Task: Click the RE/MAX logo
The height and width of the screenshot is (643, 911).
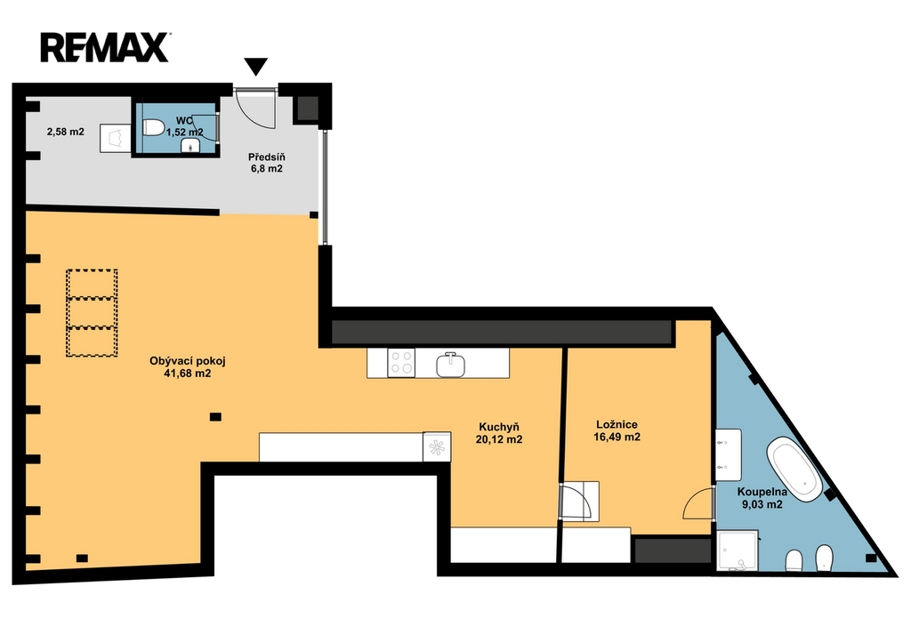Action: [105, 48]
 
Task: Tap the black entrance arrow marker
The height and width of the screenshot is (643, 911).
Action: [255, 66]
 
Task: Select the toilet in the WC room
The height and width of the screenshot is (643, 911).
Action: [154, 126]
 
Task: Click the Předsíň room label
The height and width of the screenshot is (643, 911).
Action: [267, 157]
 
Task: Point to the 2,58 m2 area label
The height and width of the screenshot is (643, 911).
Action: [66, 132]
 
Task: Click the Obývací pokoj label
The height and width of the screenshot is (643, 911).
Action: [188, 361]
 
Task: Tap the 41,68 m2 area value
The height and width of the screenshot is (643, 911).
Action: [188, 374]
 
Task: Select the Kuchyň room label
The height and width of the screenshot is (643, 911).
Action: [499, 427]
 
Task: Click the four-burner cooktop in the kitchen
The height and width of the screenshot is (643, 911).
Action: [401, 363]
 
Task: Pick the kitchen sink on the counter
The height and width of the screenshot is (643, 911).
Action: [451, 365]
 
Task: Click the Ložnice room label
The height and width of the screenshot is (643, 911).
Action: [617, 424]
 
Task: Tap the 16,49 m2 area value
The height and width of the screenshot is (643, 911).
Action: [617, 437]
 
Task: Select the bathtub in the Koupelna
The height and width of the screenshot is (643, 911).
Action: [794, 470]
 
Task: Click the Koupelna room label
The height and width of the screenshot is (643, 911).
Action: [762, 492]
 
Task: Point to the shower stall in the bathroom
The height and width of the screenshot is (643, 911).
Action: [738, 551]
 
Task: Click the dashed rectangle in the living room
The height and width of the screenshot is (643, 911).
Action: [92, 312]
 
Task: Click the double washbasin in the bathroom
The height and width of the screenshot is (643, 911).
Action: [728, 454]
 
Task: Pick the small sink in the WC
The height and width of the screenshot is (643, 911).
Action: [190, 147]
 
